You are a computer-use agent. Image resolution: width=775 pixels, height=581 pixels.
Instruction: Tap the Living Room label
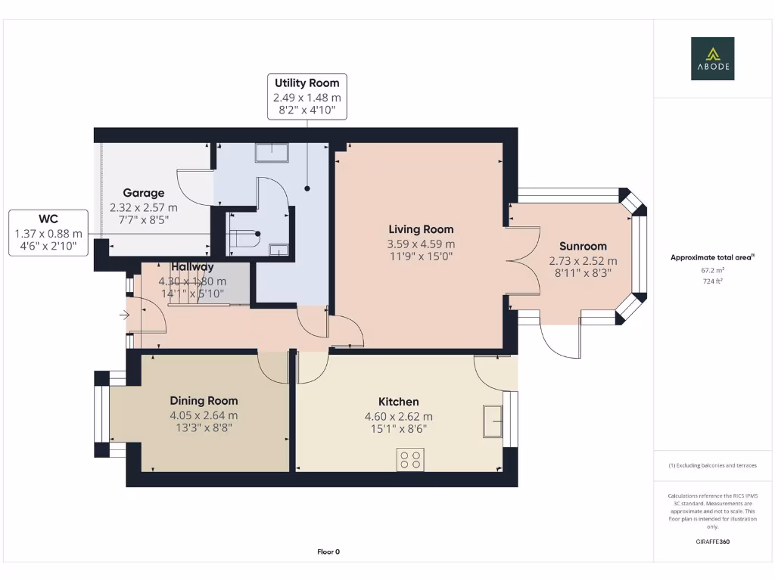tap(421, 229)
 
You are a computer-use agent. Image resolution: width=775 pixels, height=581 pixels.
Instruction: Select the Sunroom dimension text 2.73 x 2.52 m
tap(583, 261)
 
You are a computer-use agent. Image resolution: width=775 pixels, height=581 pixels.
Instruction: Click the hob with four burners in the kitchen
tap(410, 459)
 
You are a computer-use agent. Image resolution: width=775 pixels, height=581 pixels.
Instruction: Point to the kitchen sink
tap(493, 421)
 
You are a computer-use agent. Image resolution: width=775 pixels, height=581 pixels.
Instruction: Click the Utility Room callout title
tap(307, 83)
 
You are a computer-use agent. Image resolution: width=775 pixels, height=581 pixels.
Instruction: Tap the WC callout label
tap(48, 220)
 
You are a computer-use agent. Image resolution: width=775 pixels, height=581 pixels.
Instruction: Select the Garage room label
tap(143, 193)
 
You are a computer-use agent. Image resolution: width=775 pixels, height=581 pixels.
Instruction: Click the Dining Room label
tap(204, 401)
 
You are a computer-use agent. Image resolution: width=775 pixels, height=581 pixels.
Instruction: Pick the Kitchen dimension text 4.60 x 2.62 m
tap(399, 416)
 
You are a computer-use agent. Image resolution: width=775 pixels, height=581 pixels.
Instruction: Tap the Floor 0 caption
tap(328, 551)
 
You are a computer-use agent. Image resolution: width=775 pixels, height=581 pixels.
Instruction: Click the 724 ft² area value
tap(712, 280)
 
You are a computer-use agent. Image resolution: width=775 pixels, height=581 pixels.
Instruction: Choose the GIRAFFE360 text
tap(712, 542)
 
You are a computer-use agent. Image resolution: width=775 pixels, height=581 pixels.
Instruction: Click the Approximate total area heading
tap(711, 257)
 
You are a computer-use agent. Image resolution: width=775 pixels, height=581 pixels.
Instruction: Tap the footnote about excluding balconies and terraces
tap(712, 465)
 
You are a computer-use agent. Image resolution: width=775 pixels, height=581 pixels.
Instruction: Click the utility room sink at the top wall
tap(272, 153)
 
